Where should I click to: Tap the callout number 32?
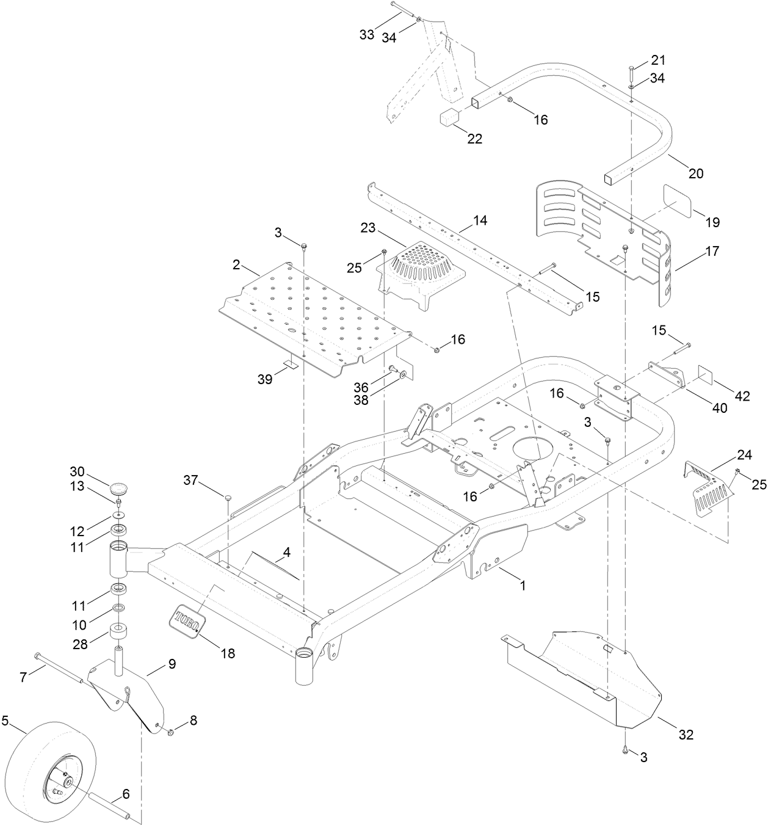click(686, 735)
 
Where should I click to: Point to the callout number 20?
click(695, 173)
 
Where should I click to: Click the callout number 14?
click(480, 220)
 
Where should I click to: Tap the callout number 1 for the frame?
click(522, 584)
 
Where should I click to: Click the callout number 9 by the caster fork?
click(172, 664)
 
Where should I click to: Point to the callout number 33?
click(366, 35)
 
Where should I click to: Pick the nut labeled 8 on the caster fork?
click(171, 731)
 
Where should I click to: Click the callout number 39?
click(264, 379)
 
